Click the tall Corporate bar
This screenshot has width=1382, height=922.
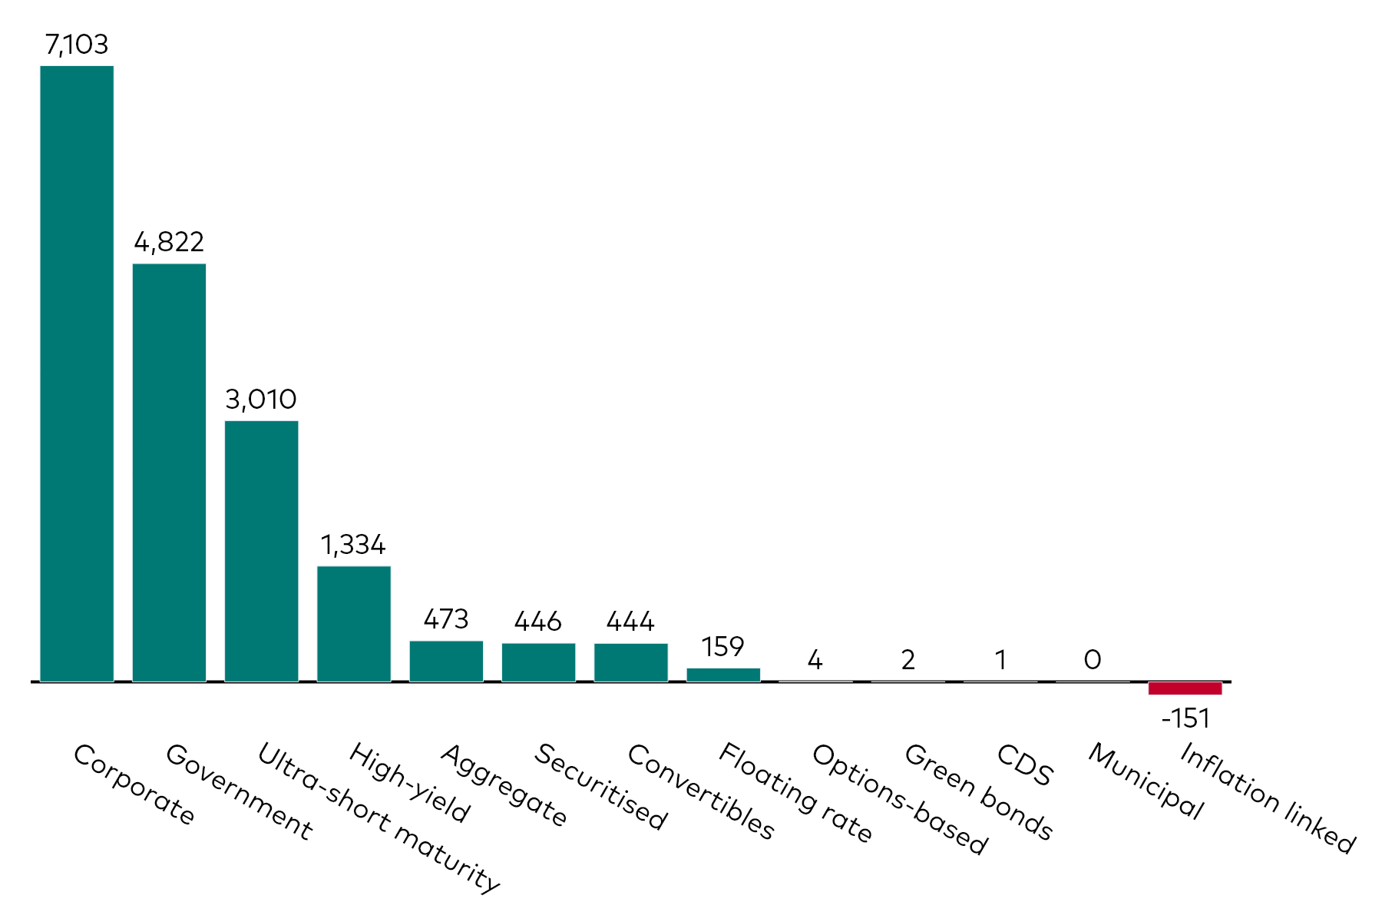[x=77, y=373]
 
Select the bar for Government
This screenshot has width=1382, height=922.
[x=169, y=473]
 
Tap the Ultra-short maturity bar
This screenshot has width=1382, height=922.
[x=261, y=551]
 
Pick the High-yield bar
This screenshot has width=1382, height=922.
[x=354, y=624]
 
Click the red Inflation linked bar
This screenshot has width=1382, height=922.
[x=1185, y=688]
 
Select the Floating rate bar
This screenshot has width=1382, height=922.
[x=723, y=675]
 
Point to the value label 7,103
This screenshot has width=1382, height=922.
[x=77, y=45]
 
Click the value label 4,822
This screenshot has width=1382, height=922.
[x=169, y=243]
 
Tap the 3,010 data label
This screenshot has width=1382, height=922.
[x=261, y=400]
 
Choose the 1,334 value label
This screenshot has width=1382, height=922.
[x=353, y=546]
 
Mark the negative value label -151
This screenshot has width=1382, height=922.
[x=1185, y=719]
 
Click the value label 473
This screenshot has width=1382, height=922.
[x=446, y=619]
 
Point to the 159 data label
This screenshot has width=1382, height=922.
[x=723, y=647]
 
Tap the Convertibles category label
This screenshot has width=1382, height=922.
[x=700, y=791]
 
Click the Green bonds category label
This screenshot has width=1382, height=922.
[x=978, y=791]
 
